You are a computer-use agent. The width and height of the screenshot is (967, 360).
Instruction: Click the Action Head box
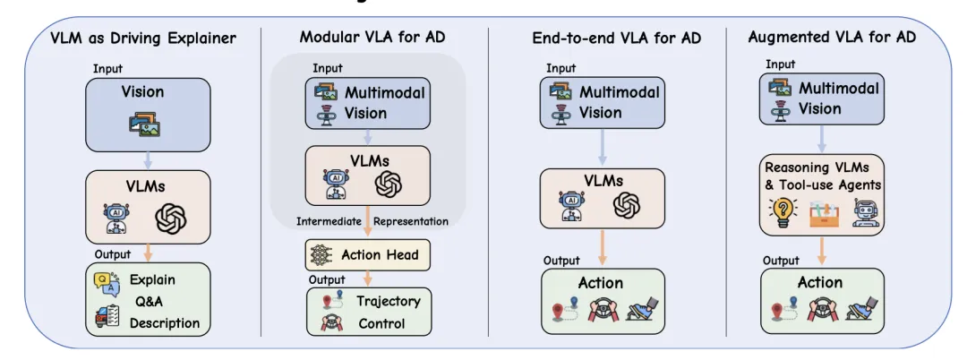(x=368, y=255)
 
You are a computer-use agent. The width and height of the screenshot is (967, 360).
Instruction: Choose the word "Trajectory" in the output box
(x=388, y=302)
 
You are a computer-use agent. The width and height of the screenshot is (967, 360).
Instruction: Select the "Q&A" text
(x=148, y=300)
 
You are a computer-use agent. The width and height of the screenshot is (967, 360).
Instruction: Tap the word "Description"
(x=165, y=322)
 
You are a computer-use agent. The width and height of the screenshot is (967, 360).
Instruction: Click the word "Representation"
(x=411, y=221)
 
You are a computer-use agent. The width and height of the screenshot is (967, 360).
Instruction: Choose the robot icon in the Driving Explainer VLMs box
(x=117, y=217)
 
